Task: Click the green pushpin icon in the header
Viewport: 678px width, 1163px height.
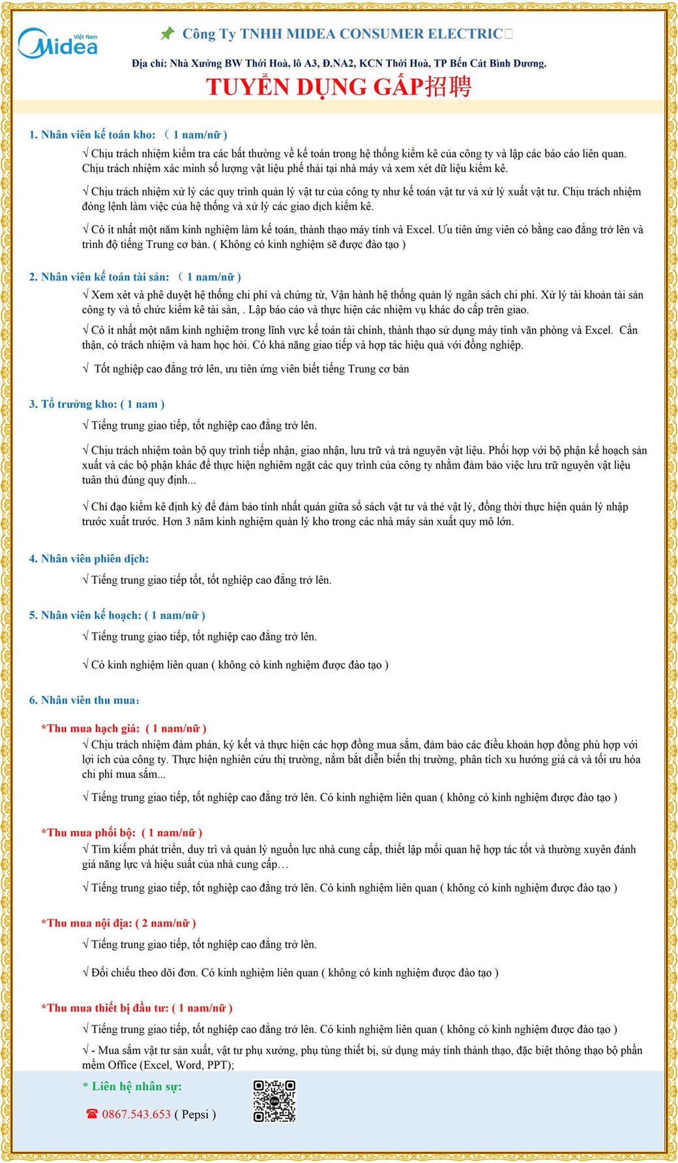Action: coord(168,33)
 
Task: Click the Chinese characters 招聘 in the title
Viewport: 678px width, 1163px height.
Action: coord(448,86)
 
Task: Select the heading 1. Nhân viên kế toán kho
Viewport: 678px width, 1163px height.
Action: coord(93,134)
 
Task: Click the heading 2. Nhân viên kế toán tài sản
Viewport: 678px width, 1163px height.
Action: coord(99,277)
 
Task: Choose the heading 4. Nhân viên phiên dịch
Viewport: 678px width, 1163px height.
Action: coord(89,558)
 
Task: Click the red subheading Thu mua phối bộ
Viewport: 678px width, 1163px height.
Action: coord(89,832)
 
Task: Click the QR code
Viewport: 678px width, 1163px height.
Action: coord(274,1102)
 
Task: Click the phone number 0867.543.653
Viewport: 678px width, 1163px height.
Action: coord(136,1114)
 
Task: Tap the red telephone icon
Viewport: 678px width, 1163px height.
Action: coord(92,1114)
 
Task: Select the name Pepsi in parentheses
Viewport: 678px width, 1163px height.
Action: coord(195,1114)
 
